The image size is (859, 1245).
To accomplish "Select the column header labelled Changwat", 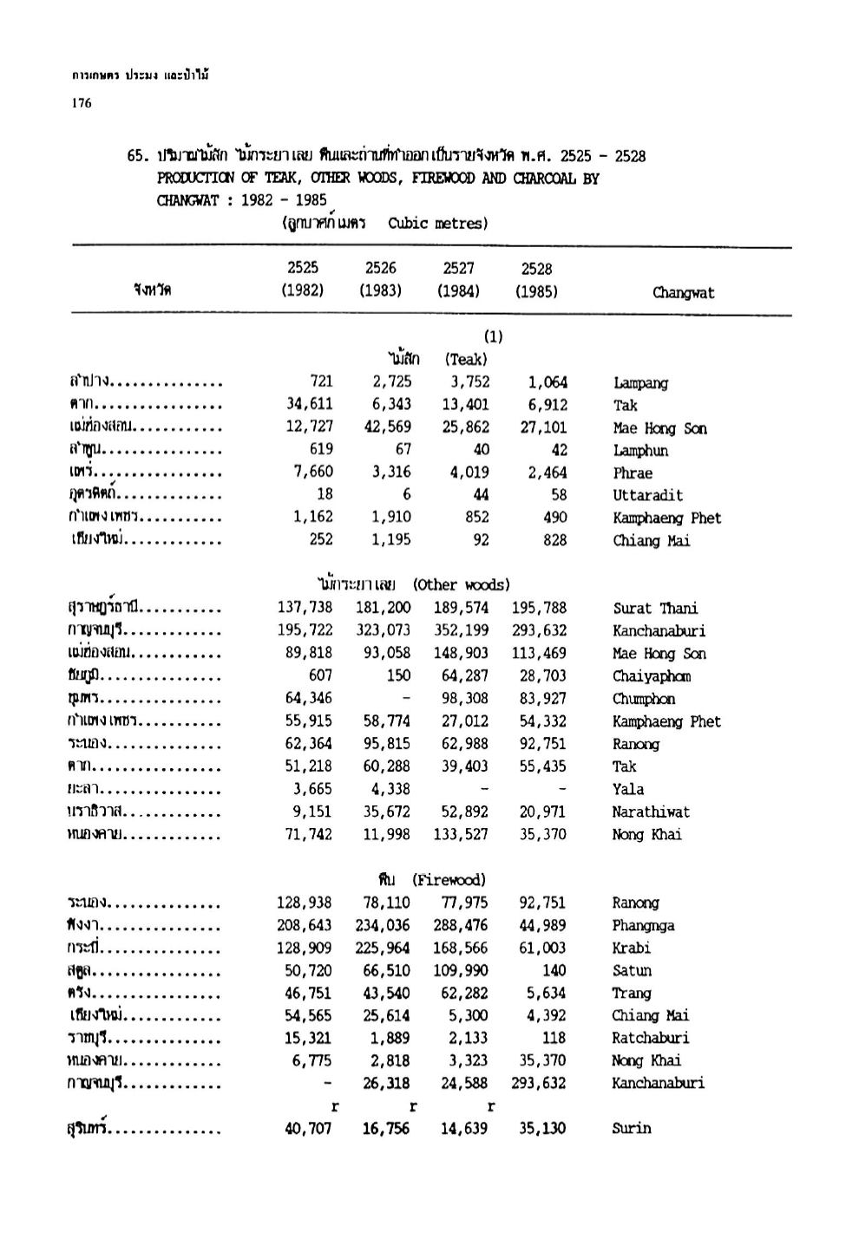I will (x=684, y=292).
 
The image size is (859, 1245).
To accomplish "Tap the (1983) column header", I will (x=380, y=291).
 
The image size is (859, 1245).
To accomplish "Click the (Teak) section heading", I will (x=466, y=359).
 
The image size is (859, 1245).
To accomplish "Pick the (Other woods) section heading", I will (x=462, y=584).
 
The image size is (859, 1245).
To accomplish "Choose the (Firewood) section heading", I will (x=449, y=880).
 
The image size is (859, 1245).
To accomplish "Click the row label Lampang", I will (x=640, y=382).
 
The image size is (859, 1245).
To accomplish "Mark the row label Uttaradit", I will (x=647, y=495).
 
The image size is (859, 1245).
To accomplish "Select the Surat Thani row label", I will (x=655, y=608).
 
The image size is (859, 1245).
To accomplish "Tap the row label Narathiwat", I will (x=651, y=812).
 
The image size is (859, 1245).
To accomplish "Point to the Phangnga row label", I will (x=643, y=925).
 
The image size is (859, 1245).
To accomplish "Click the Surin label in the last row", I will (x=632, y=1128).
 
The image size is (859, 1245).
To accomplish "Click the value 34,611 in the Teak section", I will (x=310, y=405).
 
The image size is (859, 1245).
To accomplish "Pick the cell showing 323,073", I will (x=383, y=630).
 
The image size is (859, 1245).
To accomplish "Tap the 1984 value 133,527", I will (x=461, y=834).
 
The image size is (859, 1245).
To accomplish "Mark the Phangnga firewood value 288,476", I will (x=461, y=925).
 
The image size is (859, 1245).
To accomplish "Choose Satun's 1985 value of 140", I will (x=554, y=970).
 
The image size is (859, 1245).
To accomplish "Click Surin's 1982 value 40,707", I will (x=310, y=1128).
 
